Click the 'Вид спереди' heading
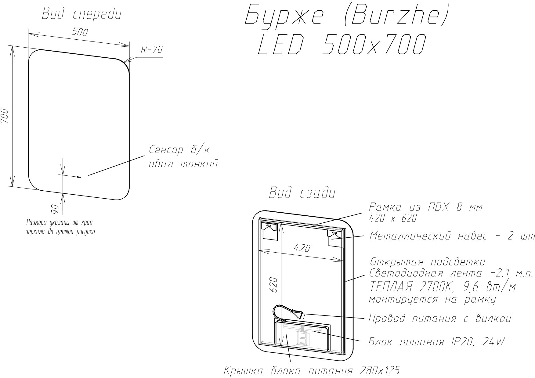tap(82, 14)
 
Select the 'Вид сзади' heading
tap(302, 193)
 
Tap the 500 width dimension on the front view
tap(80, 32)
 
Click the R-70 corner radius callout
tap(152, 50)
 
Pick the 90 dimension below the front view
tap(55, 210)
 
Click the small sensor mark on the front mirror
tap(79, 176)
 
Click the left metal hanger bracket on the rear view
tap(270, 231)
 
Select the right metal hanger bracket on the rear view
tap(334, 238)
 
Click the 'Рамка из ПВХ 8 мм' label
tap(426, 207)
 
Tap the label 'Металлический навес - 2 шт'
tap(452, 236)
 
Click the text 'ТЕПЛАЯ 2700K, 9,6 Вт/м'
tap(443, 287)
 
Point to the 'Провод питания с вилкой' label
tap(439, 319)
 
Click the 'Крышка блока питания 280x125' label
tap(311, 371)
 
